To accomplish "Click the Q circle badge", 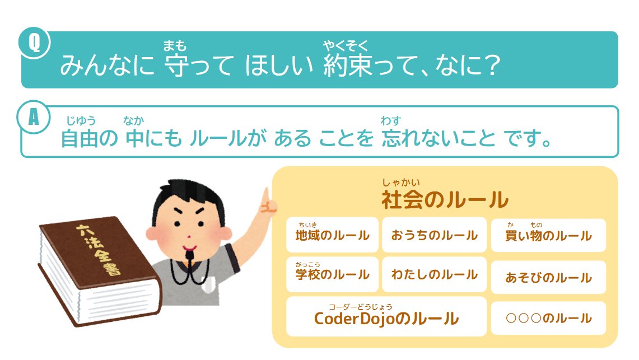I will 34,42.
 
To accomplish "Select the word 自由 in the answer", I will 79,138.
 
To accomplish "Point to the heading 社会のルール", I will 445,199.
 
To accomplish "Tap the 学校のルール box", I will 332,274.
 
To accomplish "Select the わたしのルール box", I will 434,274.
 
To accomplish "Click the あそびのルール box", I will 548,277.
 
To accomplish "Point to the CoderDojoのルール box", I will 386,317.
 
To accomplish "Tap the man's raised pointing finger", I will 267,197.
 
